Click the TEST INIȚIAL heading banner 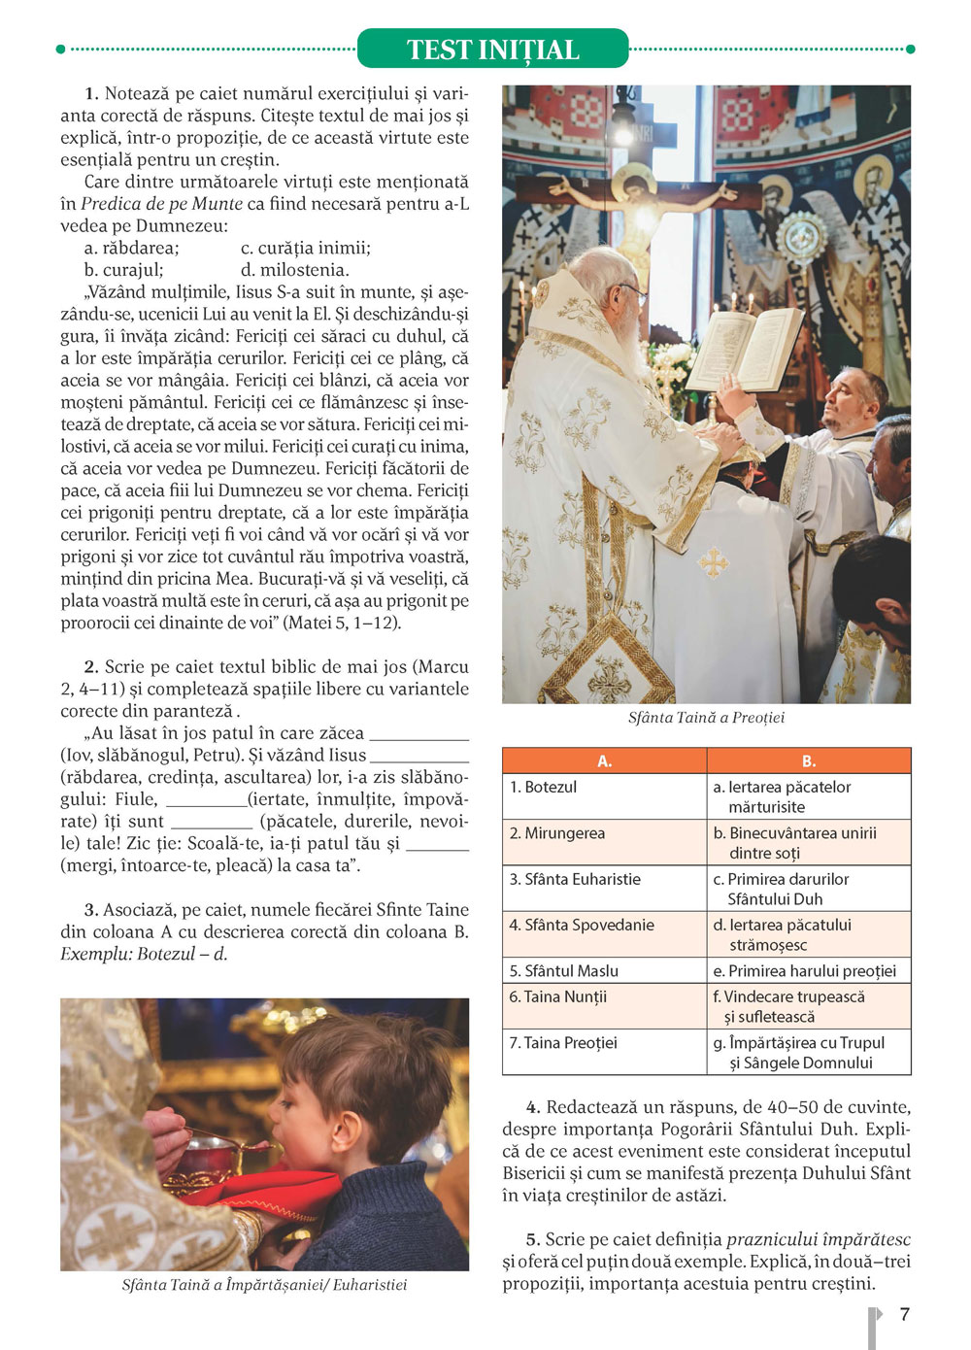tap(492, 49)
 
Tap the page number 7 tap(904, 1314)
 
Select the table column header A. tap(604, 760)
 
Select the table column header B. tap(808, 760)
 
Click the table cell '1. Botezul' tap(544, 787)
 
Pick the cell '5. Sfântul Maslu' tap(564, 970)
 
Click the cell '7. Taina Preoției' tap(563, 1042)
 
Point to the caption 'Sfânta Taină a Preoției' tap(706, 718)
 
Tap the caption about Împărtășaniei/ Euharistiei tap(264, 1285)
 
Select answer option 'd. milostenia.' tap(294, 270)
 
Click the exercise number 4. tap(533, 1107)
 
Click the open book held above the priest tap(746, 348)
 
